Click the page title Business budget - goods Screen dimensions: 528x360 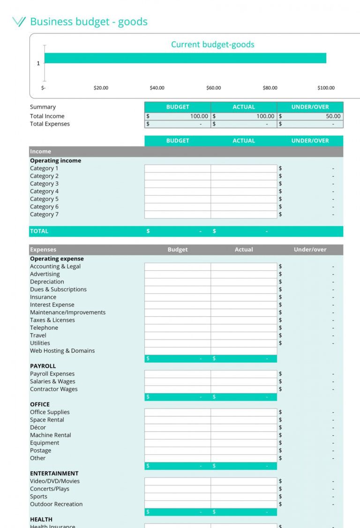[89, 22]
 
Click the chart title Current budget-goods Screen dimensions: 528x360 [212, 45]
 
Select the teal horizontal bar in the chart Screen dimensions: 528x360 [185, 58]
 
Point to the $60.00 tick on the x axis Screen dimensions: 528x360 [213, 88]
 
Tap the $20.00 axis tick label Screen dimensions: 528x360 [101, 88]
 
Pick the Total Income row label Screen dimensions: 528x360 [47, 116]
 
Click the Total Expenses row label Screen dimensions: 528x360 [50, 124]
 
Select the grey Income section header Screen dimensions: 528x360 [186, 152]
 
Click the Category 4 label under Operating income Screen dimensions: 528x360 [45, 191]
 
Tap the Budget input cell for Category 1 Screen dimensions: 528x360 [177, 169]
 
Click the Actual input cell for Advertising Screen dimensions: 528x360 [243, 274]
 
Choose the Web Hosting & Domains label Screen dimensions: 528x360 [62, 350]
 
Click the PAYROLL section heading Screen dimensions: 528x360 [43, 366]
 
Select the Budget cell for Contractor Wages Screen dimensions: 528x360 [177, 389]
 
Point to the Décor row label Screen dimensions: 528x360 [38, 427]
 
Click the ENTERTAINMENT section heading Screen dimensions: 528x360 [54, 473]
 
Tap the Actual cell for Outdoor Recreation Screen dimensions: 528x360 [243, 504]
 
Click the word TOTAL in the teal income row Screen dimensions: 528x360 [39, 231]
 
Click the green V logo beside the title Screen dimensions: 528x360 [19, 22]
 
